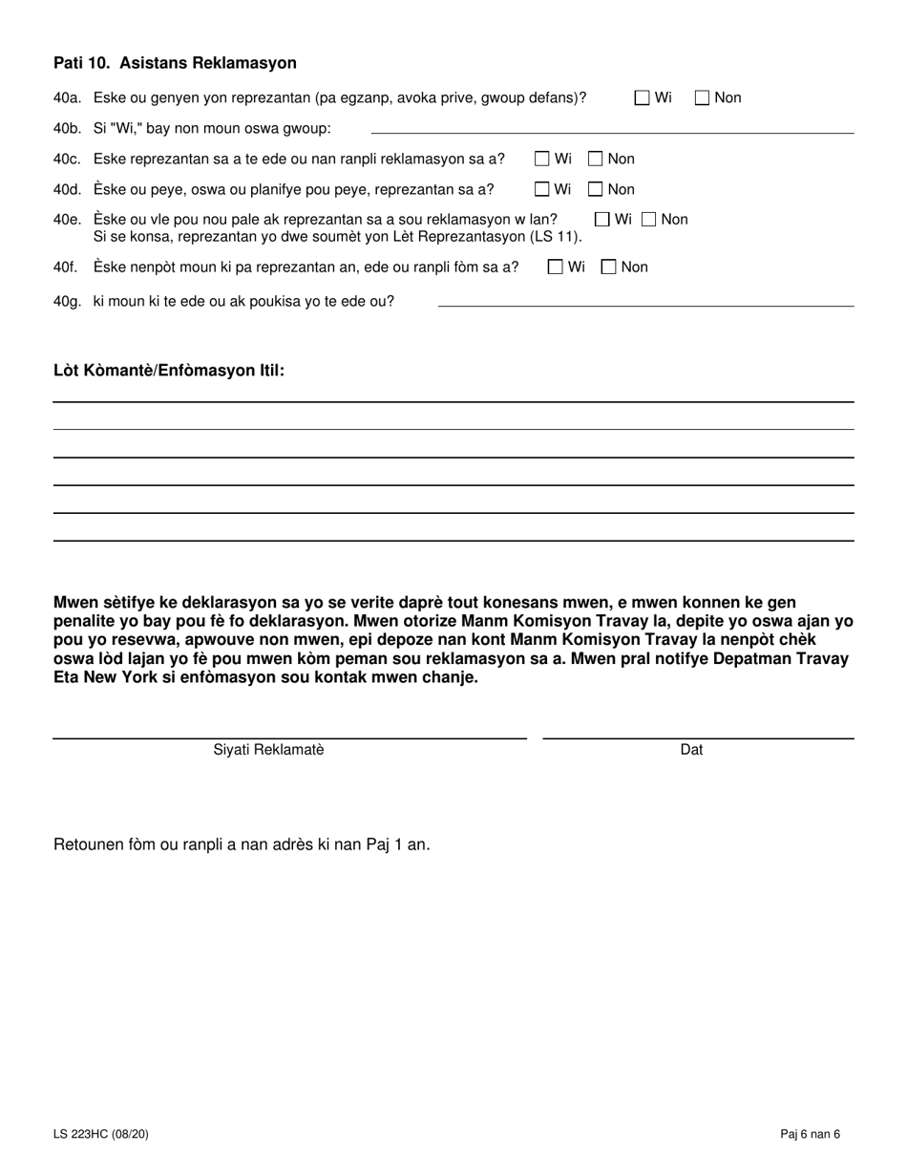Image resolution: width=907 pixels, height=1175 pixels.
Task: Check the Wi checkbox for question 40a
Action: tap(643, 97)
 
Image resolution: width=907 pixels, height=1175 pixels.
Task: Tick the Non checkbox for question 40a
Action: tap(703, 97)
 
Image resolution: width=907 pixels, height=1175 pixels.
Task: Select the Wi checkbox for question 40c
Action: tap(542, 159)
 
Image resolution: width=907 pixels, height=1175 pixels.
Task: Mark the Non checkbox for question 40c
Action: tap(596, 159)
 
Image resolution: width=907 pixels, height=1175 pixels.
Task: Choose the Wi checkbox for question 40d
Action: tap(542, 189)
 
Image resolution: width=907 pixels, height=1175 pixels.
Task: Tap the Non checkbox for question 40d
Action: tap(596, 189)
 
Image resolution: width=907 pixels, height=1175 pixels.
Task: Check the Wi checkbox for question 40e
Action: tap(602, 220)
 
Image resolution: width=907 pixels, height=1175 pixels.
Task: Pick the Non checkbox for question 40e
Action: tap(649, 220)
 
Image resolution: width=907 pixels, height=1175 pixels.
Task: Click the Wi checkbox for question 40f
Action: tap(556, 267)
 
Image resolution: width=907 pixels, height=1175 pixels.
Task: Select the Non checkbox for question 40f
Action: tap(609, 267)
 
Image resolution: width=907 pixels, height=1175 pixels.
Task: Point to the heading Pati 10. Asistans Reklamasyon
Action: tap(175, 63)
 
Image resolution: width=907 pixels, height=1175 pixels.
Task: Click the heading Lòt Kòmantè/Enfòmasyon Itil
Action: tap(169, 371)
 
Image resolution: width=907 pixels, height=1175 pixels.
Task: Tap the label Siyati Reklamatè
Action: tap(269, 750)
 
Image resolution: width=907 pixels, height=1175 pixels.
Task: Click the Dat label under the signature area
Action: tap(691, 750)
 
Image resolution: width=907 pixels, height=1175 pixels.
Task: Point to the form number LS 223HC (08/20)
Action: tap(100, 1135)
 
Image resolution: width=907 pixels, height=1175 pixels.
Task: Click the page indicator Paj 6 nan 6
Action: tap(810, 1135)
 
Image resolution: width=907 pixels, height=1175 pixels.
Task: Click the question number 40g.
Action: tap(68, 302)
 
